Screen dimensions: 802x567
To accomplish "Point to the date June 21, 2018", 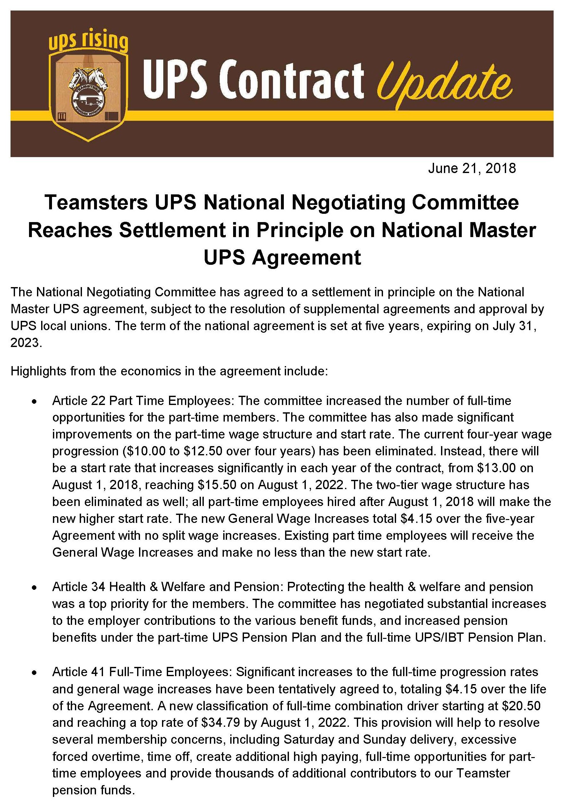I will [472, 168].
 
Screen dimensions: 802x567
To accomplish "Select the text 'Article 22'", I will [79, 401].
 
